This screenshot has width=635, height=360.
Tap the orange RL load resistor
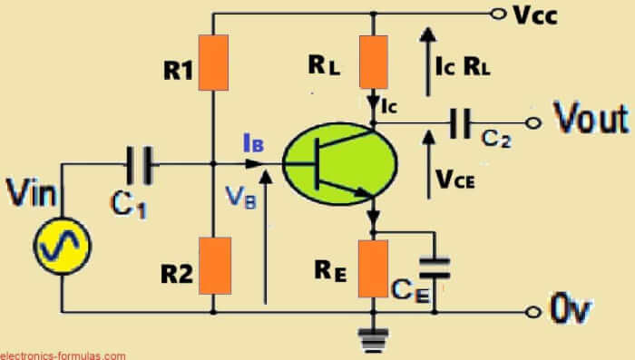373,62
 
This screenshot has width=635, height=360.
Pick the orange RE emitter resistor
373,268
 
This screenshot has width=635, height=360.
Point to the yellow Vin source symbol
63,246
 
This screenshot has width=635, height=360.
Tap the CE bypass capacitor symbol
437,265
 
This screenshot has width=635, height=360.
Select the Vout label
591,119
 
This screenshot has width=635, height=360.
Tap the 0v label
571,310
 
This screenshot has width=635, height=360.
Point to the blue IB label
253,141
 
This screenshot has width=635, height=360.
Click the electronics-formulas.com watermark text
63,355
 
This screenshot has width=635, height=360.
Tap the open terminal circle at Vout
533,124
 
